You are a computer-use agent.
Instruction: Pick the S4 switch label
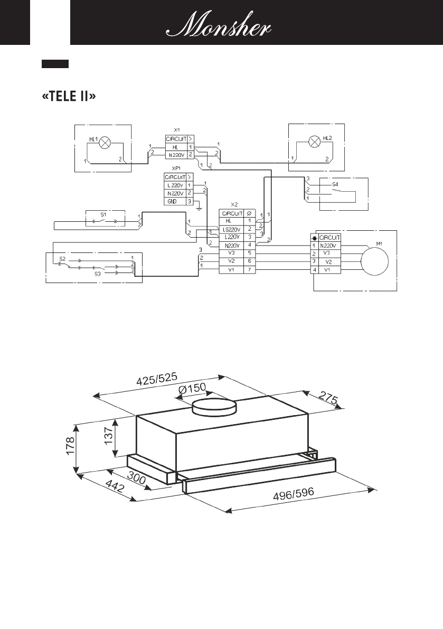coord(335,185)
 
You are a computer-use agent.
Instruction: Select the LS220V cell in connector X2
coord(232,229)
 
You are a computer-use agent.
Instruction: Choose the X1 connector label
coord(177,129)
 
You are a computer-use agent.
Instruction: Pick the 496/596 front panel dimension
coord(294,495)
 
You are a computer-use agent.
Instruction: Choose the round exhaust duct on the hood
coord(214,408)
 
